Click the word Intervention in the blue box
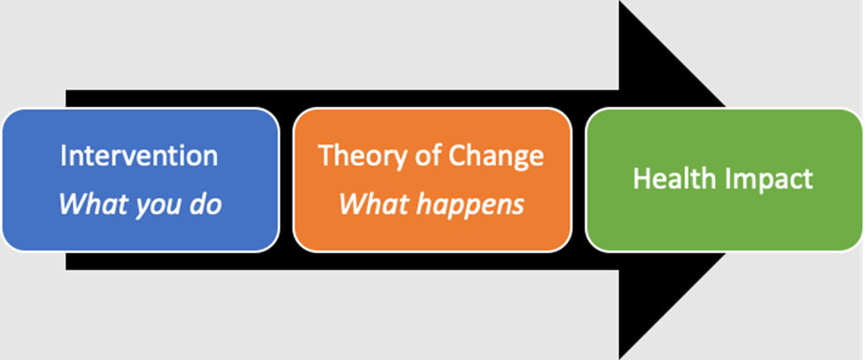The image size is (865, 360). click(x=139, y=156)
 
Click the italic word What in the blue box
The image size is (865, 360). click(x=89, y=204)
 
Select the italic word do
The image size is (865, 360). click(x=205, y=204)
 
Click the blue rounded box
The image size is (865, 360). click(x=141, y=180)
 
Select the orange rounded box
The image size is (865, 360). click(x=433, y=180)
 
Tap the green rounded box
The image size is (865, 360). click(x=724, y=180)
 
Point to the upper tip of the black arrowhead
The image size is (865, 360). click(x=619, y=2)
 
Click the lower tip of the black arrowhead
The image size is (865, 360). click(x=619, y=358)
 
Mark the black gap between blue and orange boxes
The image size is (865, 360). click(x=287, y=180)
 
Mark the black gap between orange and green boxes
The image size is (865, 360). click(x=578, y=180)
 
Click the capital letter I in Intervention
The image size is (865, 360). click(x=64, y=156)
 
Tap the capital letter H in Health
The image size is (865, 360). click(x=642, y=178)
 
